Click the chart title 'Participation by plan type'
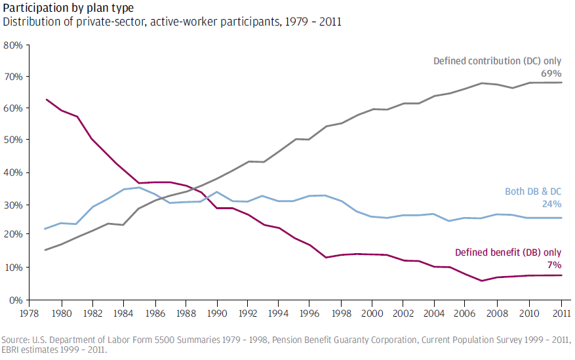[x=68, y=8]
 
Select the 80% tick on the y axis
[x=13, y=45]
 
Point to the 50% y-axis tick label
[x=13, y=140]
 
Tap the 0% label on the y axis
[x=16, y=300]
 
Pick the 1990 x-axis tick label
[x=217, y=314]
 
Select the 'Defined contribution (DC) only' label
[x=497, y=61]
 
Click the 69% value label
[x=551, y=73]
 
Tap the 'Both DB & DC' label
[x=533, y=191]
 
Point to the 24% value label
[x=551, y=204]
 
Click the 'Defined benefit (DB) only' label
[x=508, y=252]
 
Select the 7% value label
[x=554, y=265]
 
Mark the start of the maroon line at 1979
[x=45, y=99]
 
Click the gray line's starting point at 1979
[x=45, y=250]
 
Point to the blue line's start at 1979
[x=45, y=229]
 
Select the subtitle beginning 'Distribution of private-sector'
[x=172, y=22]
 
